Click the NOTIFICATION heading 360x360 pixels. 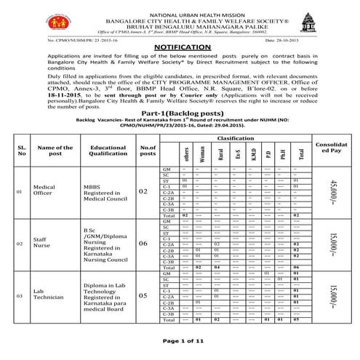(x=180, y=45)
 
